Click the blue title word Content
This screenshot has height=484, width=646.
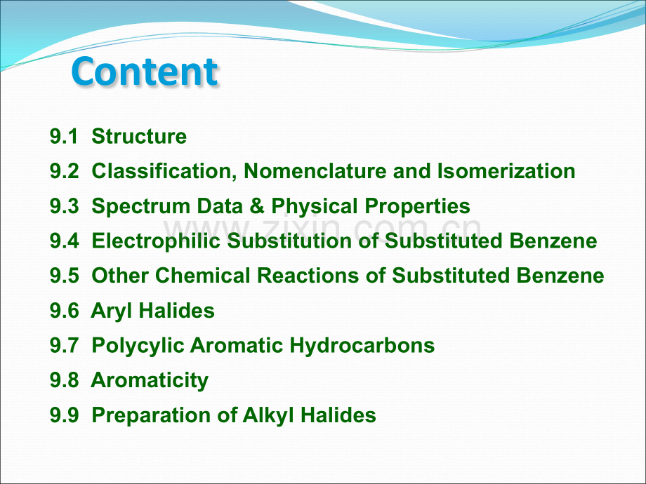[144, 72]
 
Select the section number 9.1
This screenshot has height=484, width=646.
[64, 136]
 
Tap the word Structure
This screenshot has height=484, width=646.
[139, 136]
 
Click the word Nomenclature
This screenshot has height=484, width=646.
[315, 171]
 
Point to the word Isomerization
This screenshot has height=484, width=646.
[506, 171]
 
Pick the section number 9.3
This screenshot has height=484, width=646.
[64, 206]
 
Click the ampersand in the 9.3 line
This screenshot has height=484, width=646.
[257, 206]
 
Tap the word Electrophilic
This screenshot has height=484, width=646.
[156, 241]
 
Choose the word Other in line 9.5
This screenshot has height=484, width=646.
[120, 276]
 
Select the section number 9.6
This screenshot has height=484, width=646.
[64, 310]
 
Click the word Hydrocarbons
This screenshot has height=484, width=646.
[362, 346]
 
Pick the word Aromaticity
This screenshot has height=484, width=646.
[150, 381]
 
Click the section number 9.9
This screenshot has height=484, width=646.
[64, 415]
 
